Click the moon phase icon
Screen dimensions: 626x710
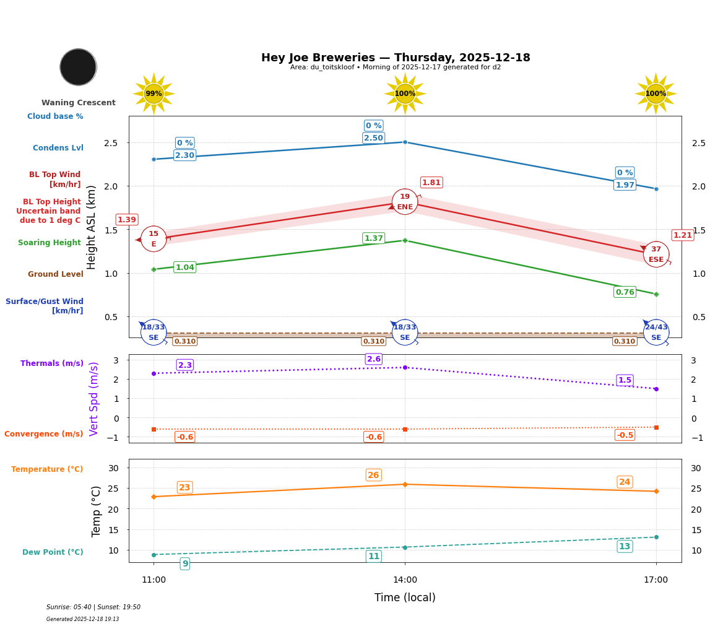(x=78, y=67)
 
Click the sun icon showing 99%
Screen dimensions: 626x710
(x=154, y=93)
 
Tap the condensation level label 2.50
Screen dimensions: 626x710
(x=373, y=138)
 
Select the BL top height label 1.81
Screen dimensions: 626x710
(x=431, y=183)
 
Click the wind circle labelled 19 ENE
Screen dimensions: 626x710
(x=405, y=202)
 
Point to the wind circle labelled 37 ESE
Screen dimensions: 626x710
(x=656, y=254)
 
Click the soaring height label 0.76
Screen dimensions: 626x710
(x=625, y=292)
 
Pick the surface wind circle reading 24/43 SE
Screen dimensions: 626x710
(x=656, y=333)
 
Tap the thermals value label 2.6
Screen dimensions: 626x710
(x=374, y=359)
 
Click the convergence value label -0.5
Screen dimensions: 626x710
(x=625, y=435)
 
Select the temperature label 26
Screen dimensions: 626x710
(x=373, y=476)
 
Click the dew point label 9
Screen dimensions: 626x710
(x=184, y=563)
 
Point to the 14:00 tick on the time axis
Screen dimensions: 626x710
(x=405, y=580)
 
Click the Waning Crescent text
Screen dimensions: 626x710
(x=79, y=103)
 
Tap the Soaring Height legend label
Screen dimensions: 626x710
(x=50, y=243)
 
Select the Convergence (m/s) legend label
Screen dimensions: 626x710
(x=44, y=434)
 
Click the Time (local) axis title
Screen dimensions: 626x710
(x=405, y=598)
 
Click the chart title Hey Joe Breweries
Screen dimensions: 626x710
(x=396, y=58)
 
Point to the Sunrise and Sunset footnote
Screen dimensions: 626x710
(x=93, y=607)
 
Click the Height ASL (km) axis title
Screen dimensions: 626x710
(x=92, y=227)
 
